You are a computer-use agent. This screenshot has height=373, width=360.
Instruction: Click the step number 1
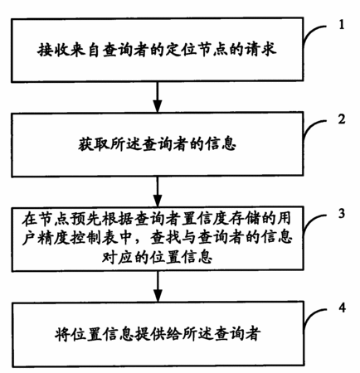point(342,25)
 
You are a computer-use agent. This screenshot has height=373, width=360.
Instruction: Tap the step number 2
point(342,119)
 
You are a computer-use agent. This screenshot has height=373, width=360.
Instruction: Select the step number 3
point(342,213)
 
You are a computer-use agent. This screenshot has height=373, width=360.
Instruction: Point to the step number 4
point(342,308)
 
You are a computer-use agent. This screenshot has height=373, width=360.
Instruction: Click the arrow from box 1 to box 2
point(158,97)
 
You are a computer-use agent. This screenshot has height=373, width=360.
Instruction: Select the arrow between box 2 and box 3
point(158,191)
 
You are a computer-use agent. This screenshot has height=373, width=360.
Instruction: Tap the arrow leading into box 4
point(158,287)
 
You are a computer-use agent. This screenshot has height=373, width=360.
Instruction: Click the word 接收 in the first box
point(53,50)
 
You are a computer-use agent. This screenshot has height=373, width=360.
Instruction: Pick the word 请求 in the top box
point(260,50)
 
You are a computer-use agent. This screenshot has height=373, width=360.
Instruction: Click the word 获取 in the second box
point(94,144)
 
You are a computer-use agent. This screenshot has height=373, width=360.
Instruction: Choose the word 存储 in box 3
point(252,220)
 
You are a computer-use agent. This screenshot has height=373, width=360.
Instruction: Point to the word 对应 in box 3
point(118,257)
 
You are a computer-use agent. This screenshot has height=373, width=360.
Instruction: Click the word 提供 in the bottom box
point(150,333)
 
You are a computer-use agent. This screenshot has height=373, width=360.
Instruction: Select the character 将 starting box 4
point(62,334)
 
